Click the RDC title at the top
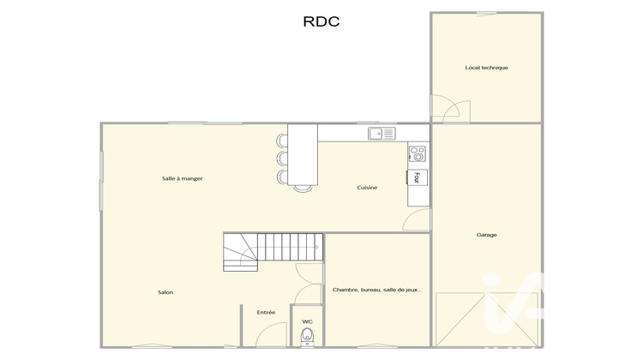321,22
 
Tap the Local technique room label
486,68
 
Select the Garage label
486,235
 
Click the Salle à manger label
182,178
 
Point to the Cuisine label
369,187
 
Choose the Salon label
165,292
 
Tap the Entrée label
266,312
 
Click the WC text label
307,321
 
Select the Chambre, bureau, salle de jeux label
377,291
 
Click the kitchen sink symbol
382,133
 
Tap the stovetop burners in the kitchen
418,154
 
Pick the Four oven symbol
418,177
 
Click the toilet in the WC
308,337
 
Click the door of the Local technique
450,110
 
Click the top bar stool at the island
282,140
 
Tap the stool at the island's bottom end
303,188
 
